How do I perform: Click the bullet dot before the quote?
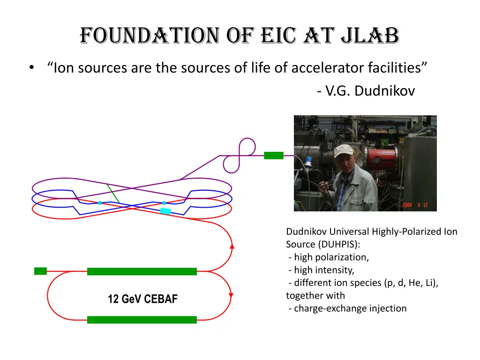[31, 68]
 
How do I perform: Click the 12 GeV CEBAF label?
[142, 299]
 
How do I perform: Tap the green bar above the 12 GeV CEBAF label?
[142, 271]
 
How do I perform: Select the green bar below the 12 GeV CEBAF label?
[142, 320]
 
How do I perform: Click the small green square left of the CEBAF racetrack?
[41, 271]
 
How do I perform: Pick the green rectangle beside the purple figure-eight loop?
[274, 155]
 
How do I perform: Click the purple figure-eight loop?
[240, 155]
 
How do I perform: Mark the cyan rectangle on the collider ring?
[166, 211]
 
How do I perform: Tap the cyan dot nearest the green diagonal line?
[100, 203]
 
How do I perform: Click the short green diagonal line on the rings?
[113, 194]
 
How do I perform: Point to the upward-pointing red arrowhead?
[232, 245]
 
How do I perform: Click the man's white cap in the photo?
[344, 150]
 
